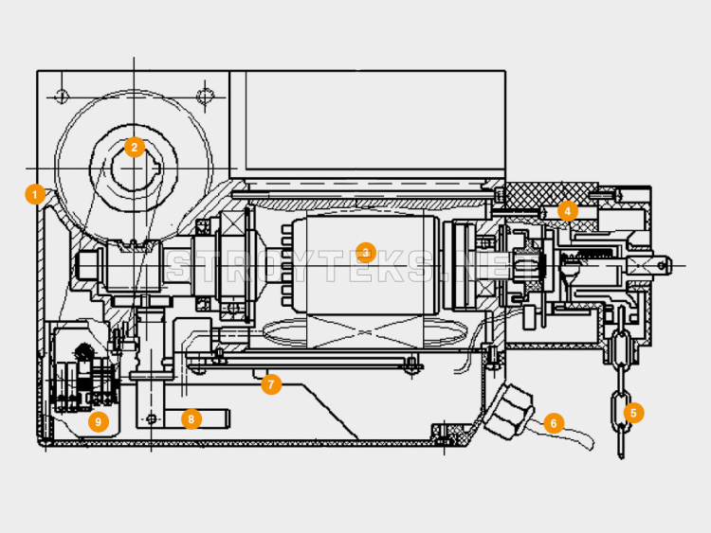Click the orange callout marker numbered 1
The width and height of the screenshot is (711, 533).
(35, 195)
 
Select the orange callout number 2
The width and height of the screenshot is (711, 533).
(135, 147)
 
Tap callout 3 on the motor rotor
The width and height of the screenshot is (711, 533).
(366, 253)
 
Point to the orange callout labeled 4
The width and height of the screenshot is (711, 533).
(567, 211)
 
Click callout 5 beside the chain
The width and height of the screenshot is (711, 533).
(633, 413)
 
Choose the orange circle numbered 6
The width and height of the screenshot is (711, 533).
(554, 423)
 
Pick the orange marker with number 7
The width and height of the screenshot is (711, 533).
(271, 384)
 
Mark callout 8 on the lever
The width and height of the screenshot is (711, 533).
(191, 419)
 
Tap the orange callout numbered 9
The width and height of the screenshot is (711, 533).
(99, 422)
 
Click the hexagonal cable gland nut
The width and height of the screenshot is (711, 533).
(508, 411)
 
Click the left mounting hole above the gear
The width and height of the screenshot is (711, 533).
(62, 97)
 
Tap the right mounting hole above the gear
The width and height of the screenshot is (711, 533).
(205, 97)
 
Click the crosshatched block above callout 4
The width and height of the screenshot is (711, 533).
(551, 194)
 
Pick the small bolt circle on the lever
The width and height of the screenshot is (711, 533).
(152, 418)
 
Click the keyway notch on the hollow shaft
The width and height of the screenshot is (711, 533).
(157, 169)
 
